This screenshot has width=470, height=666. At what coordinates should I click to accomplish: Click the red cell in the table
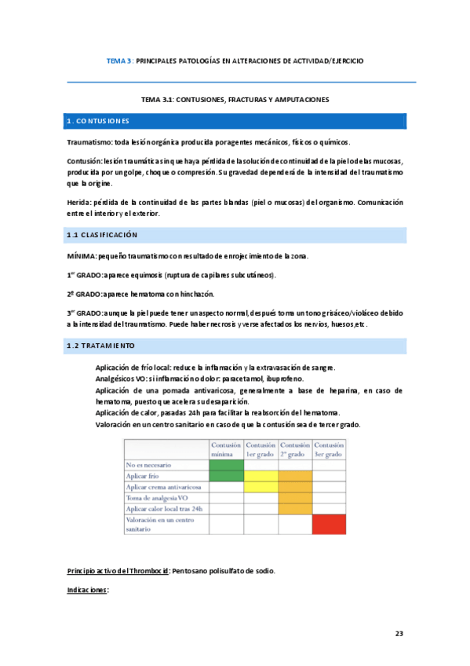[329, 523]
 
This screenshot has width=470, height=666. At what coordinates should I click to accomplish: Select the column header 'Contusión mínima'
[226, 450]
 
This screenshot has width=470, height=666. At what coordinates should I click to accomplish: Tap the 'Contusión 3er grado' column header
[329, 450]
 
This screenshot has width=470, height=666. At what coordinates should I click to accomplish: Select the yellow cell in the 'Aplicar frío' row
[260, 476]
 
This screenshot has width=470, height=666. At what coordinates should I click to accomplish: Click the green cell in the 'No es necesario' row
[226, 465]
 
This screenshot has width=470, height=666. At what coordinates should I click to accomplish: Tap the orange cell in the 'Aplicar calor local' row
[295, 509]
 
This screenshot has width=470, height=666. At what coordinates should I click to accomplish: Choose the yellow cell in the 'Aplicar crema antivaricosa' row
[260, 487]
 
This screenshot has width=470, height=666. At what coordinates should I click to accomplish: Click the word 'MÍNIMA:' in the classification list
[82, 257]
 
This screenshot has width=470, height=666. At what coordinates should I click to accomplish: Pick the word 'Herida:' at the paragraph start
[79, 202]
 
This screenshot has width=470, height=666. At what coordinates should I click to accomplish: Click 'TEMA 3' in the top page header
[118, 60]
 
